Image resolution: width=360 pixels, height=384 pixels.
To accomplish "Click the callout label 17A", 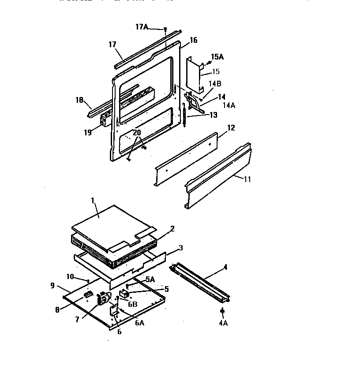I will (x=142, y=27).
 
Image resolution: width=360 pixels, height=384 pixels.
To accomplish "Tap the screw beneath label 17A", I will (x=165, y=30).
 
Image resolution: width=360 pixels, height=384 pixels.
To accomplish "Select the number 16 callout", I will (x=193, y=41).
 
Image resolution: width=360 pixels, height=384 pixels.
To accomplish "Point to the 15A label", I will (x=217, y=57).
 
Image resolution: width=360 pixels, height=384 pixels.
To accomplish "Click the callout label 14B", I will (x=215, y=84).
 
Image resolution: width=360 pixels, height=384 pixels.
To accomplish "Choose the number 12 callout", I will (x=231, y=128).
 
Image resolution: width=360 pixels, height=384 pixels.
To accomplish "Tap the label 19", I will (x=88, y=132).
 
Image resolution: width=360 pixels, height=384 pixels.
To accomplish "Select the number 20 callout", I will (x=137, y=132).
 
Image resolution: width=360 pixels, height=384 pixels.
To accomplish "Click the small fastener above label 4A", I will (x=222, y=313).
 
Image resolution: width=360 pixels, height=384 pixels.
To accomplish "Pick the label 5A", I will (x=150, y=279).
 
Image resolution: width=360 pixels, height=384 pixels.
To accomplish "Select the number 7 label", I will (x=78, y=320).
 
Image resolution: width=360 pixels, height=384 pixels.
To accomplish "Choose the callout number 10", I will (x=70, y=276).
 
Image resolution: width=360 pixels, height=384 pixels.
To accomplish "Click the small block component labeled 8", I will (x=87, y=293).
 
